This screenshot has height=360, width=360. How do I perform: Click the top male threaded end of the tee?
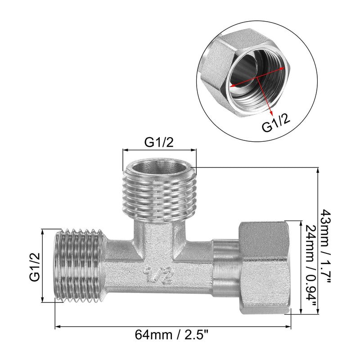pos(159,193)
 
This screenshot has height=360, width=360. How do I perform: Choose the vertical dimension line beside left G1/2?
pos(44,266)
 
